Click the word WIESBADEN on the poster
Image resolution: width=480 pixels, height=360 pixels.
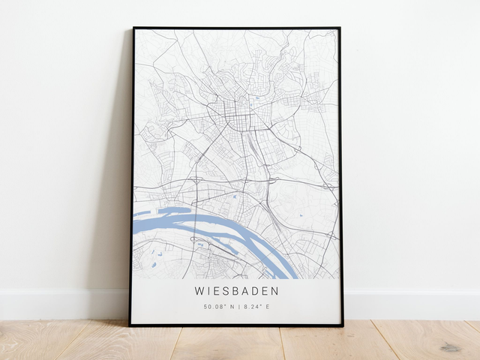coord(236,291)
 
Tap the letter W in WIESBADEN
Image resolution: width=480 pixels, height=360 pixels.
coord(199,291)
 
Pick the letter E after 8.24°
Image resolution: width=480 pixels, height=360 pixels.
coord(267,307)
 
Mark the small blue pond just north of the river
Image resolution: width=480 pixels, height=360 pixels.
coord(234,196)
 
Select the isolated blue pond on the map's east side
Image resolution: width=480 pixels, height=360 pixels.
coord(301,215)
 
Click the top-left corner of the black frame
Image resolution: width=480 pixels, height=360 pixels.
coord(134,28)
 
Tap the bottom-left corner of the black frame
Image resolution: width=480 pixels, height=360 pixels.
coord(130,325)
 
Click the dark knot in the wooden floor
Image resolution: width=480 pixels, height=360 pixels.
coord(450,347)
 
